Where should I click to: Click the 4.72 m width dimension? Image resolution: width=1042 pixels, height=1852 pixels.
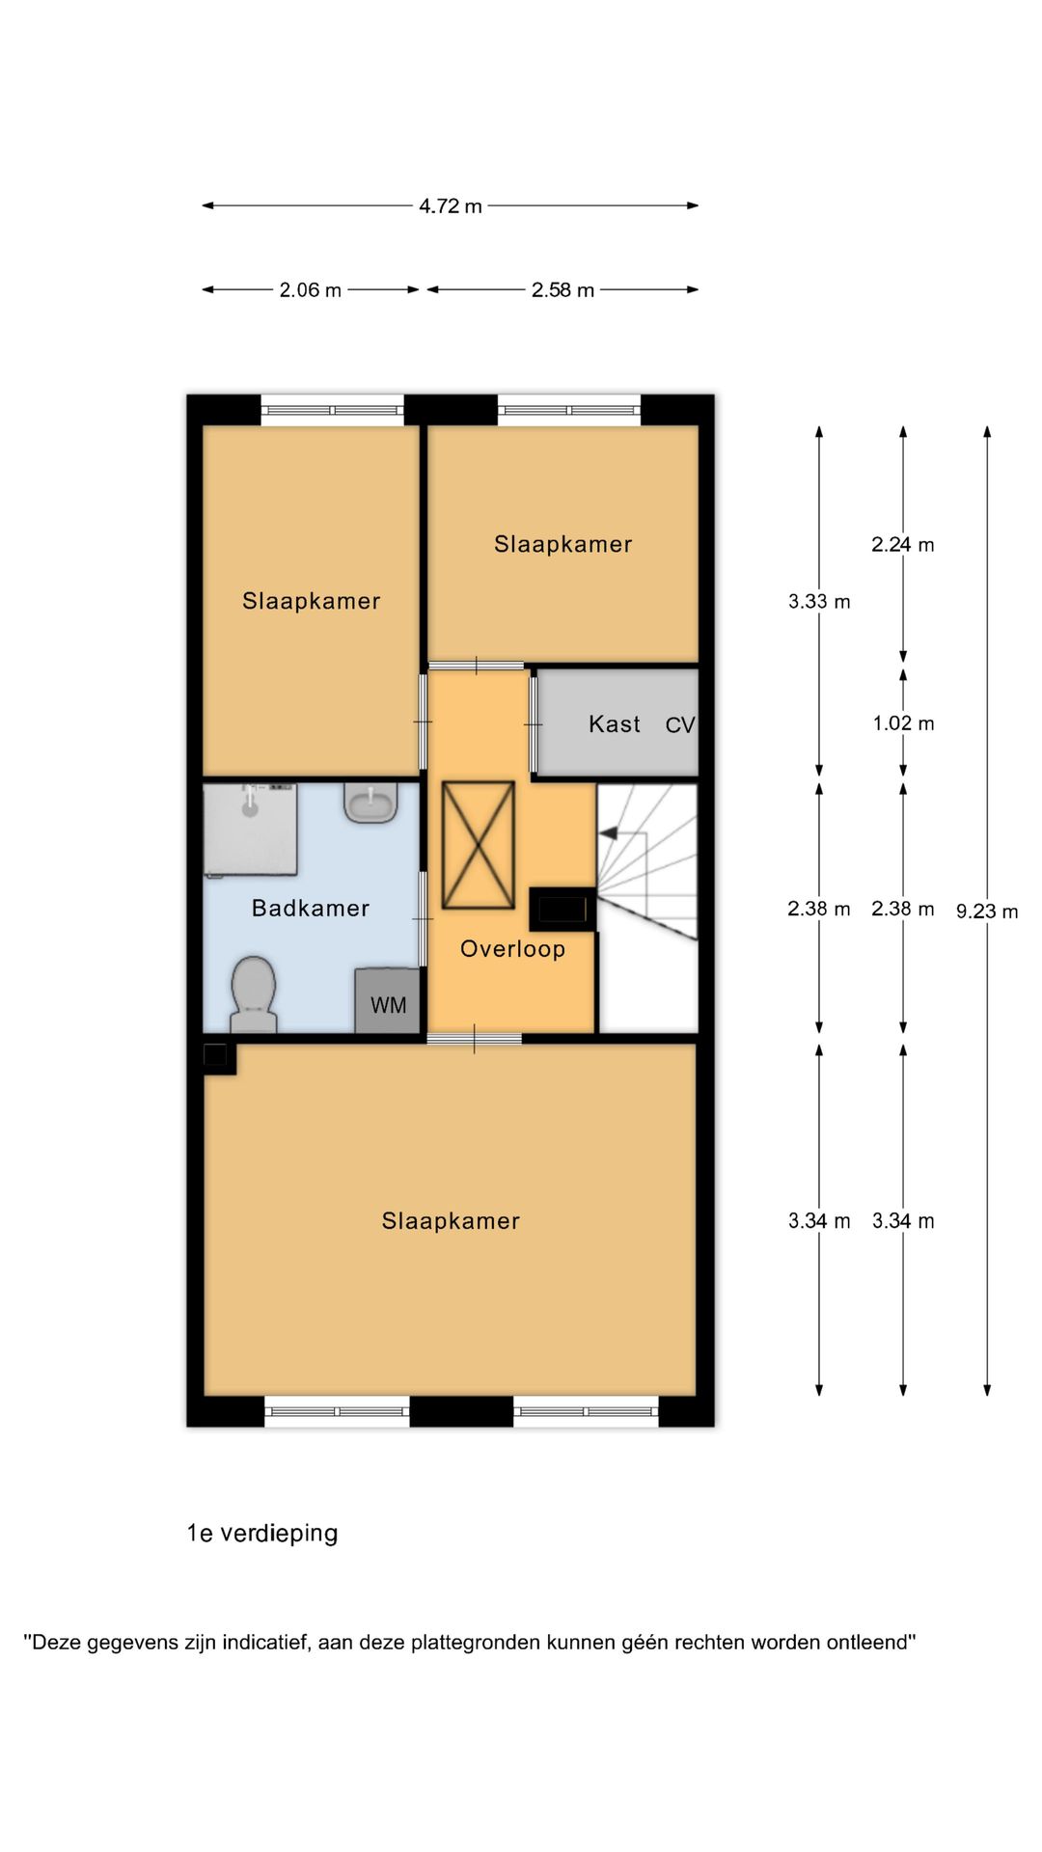click(x=451, y=206)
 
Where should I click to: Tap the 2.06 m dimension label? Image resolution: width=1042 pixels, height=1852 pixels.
click(x=311, y=290)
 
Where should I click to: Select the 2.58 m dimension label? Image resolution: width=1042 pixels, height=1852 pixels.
click(x=562, y=290)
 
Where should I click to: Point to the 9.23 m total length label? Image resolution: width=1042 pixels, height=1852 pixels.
click(x=987, y=912)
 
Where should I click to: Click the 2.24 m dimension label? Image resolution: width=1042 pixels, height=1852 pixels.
click(x=903, y=545)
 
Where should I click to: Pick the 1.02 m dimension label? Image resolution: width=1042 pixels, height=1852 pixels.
click(x=903, y=723)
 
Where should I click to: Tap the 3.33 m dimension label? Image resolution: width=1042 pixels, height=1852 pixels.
click(x=819, y=602)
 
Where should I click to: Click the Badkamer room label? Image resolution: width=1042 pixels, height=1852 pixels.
click(x=311, y=908)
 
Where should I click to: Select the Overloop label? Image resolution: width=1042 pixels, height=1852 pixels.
click(x=512, y=949)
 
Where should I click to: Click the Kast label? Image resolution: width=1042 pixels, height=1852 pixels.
click(x=615, y=724)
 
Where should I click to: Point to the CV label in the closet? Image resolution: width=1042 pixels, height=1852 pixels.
click(x=680, y=725)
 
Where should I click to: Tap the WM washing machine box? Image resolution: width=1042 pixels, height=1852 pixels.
click(x=388, y=1001)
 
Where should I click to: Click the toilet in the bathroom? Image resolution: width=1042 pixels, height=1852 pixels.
click(x=254, y=994)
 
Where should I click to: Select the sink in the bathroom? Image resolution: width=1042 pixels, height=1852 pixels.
click(x=371, y=803)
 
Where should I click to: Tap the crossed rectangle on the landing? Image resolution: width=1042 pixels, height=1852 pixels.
click(x=478, y=845)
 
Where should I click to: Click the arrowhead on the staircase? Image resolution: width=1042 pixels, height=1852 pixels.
click(x=608, y=832)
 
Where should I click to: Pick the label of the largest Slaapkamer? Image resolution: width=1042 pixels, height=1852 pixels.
click(x=451, y=1221)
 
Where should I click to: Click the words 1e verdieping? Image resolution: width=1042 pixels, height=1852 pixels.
click(x=262, y=1534)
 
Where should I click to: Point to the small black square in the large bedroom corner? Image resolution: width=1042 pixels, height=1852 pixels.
click(x=215, y=1055)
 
